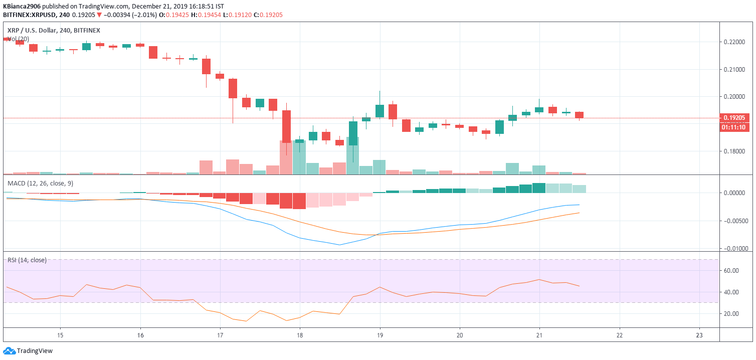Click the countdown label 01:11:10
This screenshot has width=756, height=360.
point(735,127)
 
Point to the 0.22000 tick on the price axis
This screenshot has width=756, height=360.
point(735,42)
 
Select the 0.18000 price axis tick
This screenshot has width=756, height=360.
point(735,151)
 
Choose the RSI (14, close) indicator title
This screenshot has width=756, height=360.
point(27,260)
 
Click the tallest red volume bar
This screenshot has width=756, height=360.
point(286,157)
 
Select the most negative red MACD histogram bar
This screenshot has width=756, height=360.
point(299,201)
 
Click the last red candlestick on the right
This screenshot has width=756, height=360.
point(579,115)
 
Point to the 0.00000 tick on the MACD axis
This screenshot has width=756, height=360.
point(735,193)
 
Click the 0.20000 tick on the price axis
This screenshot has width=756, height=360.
point(735,97)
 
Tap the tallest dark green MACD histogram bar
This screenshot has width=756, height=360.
point(539,188)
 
